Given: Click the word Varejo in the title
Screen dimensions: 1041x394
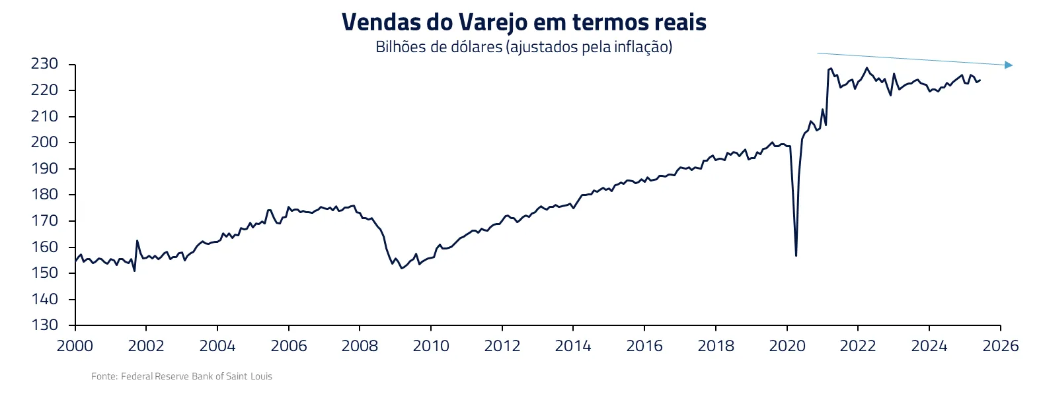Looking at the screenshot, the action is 493,23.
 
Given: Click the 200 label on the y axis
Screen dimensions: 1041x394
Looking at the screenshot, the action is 45,142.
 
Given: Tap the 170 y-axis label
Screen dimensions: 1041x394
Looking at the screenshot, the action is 45,220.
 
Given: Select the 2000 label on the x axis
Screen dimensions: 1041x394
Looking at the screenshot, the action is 75,346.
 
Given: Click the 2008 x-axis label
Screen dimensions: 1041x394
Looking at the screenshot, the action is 360,346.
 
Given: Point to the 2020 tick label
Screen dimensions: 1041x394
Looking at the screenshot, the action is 787,346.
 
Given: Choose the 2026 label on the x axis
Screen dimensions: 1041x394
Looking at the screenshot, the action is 1000,346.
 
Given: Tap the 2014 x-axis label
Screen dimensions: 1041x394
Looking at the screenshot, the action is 573,346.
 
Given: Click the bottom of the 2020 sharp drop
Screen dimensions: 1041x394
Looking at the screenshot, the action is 796,255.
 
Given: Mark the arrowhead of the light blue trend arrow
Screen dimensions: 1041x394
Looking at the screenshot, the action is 1009,65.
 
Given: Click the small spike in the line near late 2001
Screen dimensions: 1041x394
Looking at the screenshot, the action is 137,241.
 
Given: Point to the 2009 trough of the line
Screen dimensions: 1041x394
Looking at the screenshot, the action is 402,268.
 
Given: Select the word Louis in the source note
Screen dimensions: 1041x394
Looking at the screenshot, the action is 261,376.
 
